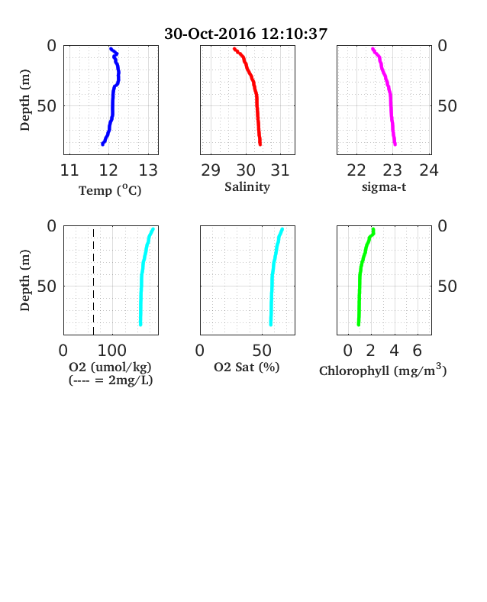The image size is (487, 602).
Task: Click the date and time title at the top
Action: click(x=246, y=34)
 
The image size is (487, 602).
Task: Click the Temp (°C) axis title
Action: click(x=110, y=190)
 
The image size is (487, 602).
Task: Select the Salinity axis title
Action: click(x=247, y=187)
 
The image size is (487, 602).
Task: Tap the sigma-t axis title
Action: click(x=384, y=187)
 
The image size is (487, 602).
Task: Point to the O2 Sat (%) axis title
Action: click(x=247, y=367)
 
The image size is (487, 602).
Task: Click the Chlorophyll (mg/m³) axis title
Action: click(x=383, y=371)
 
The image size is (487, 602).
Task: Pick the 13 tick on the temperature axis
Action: click(x=148, y=170)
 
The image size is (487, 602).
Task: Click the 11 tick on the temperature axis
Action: click(x=69, y=170)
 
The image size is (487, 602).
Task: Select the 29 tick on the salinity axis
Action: click(x=211, y=170)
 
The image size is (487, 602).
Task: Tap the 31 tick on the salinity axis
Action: click(x=280, y=170)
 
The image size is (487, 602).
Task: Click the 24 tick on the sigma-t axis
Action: click(x=429, y=170)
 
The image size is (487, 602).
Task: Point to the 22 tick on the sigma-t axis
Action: click(x=356, y=170)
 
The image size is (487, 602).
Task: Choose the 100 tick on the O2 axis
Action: click(x=112, y=351)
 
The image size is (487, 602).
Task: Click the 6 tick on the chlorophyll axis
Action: click(x=418, y=351)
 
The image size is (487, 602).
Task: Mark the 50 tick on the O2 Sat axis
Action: click(x=263, y=351)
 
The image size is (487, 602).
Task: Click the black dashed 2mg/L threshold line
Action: click(x=93, y=281)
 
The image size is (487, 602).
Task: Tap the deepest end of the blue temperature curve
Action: click(x=102, y=144)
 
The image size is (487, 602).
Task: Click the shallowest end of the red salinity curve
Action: click(x=234, y=49)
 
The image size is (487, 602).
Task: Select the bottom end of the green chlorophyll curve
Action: click(x=359, y=325)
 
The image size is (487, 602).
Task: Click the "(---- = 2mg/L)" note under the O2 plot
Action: click(x=111, y=380)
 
